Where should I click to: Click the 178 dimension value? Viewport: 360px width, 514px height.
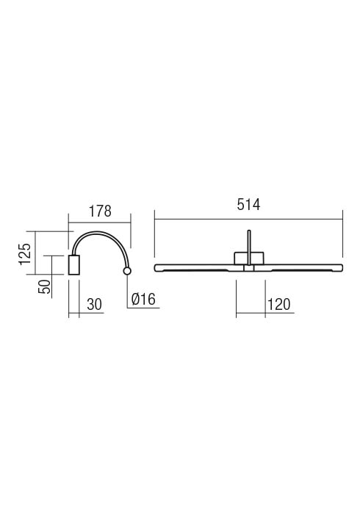100,211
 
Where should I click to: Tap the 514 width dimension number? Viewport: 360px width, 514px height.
248,205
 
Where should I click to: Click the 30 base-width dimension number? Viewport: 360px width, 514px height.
95,305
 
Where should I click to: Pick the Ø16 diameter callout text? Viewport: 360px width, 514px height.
143,299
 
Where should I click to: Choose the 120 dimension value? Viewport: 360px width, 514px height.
279,305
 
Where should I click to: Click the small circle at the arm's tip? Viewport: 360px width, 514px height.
127,271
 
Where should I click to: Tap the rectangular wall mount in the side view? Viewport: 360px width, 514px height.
73,265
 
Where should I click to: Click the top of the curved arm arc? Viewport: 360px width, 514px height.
98,232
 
